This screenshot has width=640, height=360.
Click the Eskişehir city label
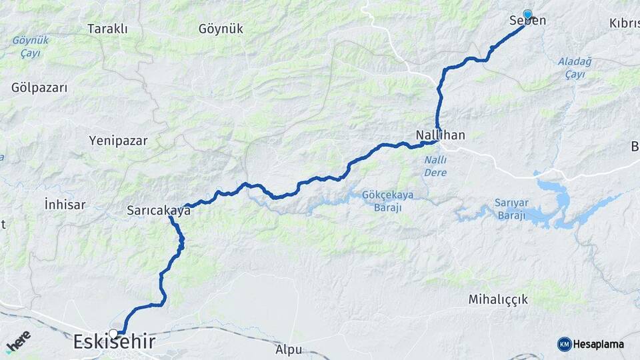(x=114, y=343)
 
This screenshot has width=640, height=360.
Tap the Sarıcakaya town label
(x=159, y=211)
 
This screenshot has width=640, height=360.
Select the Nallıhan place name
(x=440, y=135)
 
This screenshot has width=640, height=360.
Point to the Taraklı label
(x=107, y=29)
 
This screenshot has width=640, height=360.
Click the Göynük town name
(x=221, y=29)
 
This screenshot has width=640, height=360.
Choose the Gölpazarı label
(x=39, y=87)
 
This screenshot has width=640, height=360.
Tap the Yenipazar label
(x=118, y=141)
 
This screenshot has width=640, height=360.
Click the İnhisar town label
(x=65, y=205)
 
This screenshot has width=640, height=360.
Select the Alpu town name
(x=288, y=349)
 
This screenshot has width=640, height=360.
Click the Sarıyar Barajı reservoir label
(x=511, y=209)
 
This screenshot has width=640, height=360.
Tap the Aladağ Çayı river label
(x=571, y=68)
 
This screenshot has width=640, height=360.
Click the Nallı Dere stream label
(x=435, y=167)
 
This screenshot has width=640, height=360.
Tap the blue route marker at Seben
(x=527, y=15)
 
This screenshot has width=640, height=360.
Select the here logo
(x=19, y=341)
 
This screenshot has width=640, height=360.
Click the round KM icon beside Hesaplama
(x=564, y=344)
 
